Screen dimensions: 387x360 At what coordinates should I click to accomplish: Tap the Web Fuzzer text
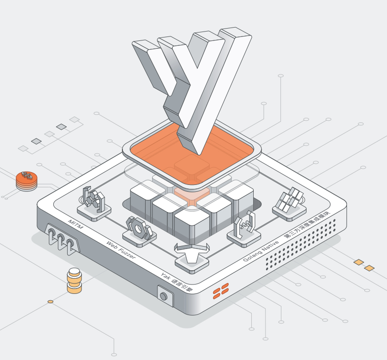tap(121, 250)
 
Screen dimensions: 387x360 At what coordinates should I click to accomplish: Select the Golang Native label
tap(261, 251)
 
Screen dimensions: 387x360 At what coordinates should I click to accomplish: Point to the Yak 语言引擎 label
tap(177, 282)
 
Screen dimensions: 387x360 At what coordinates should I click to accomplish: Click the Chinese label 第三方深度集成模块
tap(307, 225)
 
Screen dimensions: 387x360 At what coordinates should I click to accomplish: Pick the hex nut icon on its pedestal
tap(139, 228)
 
